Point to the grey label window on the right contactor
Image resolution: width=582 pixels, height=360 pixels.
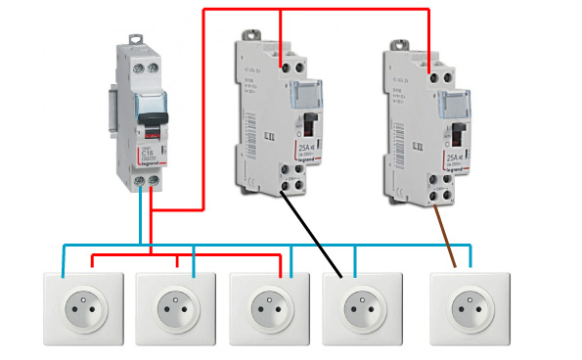455,100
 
